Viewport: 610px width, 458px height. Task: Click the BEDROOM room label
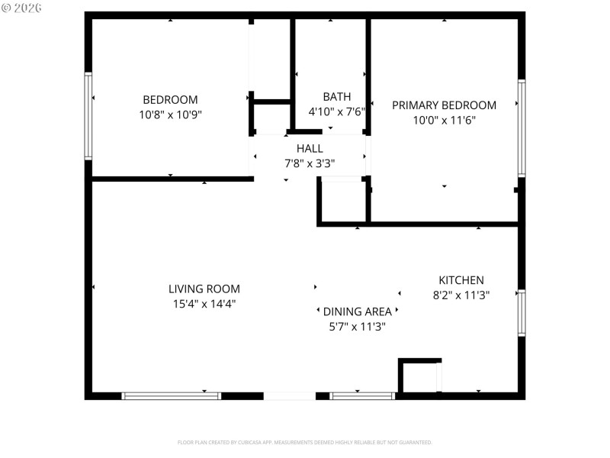click(x=170, y=99)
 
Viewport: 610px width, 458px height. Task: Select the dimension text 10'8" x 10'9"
click(x=170, y=114)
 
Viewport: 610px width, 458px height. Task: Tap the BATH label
click(x=336, y=96)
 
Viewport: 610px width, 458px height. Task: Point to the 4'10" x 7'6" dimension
click(x=336, y=111)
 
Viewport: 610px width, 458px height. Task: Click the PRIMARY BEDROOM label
click(x=444, y=105)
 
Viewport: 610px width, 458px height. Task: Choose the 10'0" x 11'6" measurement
click(x=444, y=120)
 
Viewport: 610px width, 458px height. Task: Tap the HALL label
click(x=310, y=148)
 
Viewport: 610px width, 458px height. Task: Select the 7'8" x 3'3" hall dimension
click(x=310, y=163)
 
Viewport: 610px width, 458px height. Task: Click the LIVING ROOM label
click(x=204, y=289)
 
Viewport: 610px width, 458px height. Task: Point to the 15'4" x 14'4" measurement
click(x=204, y=303)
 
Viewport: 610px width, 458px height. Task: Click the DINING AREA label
click(x=357, y=311)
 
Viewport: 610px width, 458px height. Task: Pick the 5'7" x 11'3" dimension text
click(x=357, y=326)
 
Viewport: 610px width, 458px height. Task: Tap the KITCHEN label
click(x=461, y=280)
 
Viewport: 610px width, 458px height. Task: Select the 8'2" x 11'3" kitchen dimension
click(x=461, y=295)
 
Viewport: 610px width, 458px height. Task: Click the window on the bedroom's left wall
click(x=88, y=116)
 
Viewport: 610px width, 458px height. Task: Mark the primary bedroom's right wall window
click(x=522, y=128)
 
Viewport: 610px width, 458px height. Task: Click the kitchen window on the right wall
click(x=522, y=313)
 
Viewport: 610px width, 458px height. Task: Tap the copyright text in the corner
click(x=21, y=7)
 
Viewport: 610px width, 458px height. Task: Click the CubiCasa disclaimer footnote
click(x=305, y=442)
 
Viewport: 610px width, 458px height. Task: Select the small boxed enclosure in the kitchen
click(x=420, y=376)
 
